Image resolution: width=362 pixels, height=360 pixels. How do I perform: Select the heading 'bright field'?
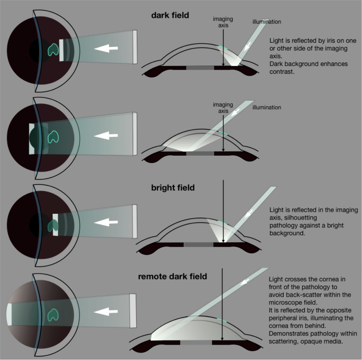point(172,188)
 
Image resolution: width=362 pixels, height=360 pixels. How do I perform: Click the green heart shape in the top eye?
point(53,50)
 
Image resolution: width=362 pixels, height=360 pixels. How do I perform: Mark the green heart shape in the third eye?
point(53,224)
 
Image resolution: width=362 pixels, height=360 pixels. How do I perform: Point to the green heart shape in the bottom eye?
point(53,315)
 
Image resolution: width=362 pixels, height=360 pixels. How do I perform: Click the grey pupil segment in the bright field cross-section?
point(199,245)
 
